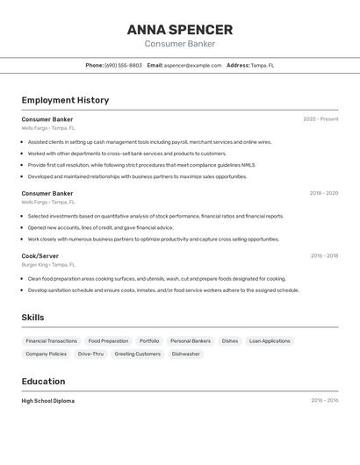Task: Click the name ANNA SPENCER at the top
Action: click(x=179, y=30)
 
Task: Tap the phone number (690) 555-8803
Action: click(x=123, y=65)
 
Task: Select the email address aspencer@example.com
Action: click(x=192, y=65)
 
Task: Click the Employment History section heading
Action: click(x=65, y=100)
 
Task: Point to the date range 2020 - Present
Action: click(x=320, y=119)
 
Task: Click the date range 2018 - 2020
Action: click(x=323, y=193)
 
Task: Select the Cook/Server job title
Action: click(x=40, y=256)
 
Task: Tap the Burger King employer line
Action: click(x=48, y=264)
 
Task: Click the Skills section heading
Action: click(x=32, y=318)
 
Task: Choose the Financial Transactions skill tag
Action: click(x=51, y=340)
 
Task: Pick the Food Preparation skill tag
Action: click(x=108, y=340)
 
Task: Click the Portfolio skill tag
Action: click(x=149, y=340)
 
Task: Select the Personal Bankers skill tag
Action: click(x=191, y=340)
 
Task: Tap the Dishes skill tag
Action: click(x=230, y=340)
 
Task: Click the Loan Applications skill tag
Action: click(x=270, y=340)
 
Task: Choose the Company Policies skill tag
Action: click(x=46, y=354)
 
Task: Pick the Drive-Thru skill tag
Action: click(x=90, y=354)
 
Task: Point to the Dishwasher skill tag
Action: click(x=185, y=354)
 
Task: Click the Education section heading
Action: click(x=43, y=382)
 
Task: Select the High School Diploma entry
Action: click(x=48, y=401)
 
